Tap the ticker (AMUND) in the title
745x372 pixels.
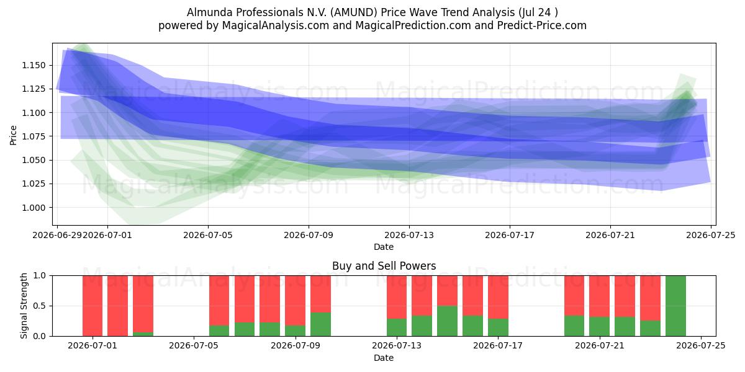coord(354,12)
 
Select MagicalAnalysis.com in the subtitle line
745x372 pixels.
coord(276,25)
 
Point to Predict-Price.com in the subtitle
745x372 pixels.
coord(542,25)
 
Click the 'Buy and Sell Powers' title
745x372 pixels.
coord(384,266)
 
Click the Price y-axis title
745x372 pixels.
coord(13,135)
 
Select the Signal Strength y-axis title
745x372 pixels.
coord(24,306)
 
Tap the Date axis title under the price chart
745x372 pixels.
coord(384,247)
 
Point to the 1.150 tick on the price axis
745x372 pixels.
coord(34,65)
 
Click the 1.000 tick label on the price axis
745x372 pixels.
coord(34,208)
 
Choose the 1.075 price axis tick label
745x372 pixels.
coord(34,136)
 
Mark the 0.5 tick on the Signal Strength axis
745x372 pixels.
coord(39,306)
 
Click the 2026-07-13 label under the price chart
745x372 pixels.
coord(409,235)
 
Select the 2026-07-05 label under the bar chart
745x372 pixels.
coord(194,345)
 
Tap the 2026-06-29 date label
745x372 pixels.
coord(57,235)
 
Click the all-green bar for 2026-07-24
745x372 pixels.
coord(675,306)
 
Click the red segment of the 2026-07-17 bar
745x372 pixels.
coord(498,297)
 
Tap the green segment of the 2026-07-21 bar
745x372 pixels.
coord(599,327)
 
